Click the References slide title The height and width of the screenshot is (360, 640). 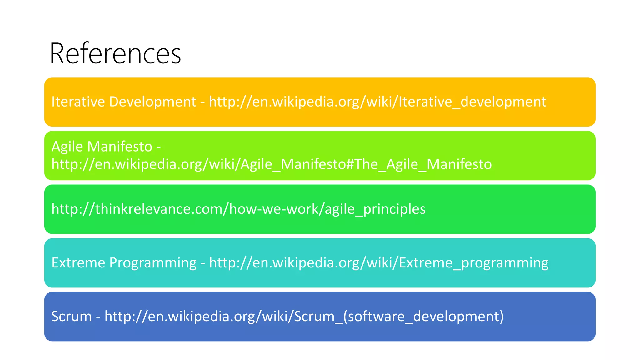(115, 53)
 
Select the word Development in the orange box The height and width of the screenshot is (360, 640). (152, 102)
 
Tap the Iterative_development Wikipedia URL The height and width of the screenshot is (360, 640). (377, 102)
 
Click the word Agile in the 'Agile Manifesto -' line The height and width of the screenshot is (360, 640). (67, 147)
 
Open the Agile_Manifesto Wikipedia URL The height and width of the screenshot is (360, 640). (272, 164)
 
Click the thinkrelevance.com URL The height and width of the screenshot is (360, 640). (238, 209)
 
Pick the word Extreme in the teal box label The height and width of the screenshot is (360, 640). (78, 263)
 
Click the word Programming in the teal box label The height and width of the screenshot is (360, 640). (153, 263)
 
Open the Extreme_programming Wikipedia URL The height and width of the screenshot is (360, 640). (379, 263)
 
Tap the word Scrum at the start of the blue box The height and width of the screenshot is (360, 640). (72, 317)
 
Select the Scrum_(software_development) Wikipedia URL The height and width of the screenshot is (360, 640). (304, 317)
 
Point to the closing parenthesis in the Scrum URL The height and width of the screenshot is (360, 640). (501, 317)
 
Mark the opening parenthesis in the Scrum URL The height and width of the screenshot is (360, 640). (345, 317)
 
